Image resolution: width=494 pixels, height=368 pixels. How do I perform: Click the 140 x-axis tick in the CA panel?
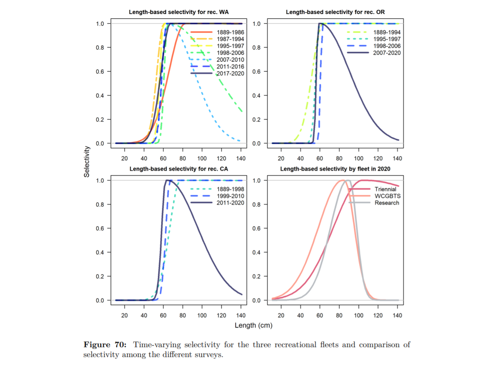pos(240,315)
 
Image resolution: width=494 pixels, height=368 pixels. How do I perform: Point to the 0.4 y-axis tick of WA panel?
pos(100,96)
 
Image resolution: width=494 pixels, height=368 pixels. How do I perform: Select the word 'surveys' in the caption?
pos(210,354)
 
